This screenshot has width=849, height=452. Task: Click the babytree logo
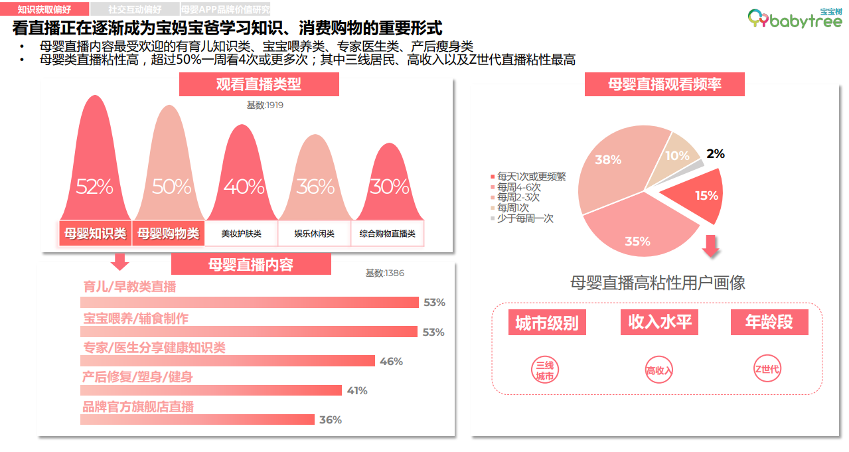[795, 19]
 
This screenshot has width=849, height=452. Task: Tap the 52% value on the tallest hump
[94, 187]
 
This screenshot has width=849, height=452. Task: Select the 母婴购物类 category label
[169, 234]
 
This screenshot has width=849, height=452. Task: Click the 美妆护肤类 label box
[242, 234]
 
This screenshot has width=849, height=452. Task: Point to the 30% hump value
[390, 187]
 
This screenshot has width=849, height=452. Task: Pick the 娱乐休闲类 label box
[315, 234]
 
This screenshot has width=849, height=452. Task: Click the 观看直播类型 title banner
[259, 84]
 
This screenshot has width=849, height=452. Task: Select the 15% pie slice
[694, 195]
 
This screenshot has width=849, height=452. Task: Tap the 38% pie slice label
[608, 160]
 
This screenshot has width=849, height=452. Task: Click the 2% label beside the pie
[715, 154]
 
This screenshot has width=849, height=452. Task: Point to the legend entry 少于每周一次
[525, 218]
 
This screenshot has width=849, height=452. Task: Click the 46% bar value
[391, 362]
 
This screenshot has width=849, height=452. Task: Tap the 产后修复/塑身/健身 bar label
[137, 377]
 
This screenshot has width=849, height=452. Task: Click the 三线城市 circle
[544, 370]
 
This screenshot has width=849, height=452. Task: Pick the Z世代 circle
[767, 370]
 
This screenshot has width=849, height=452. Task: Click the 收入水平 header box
[660, 323]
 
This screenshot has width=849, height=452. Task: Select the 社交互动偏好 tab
[135, 10]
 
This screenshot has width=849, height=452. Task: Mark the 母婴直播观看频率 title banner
[664, 84]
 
